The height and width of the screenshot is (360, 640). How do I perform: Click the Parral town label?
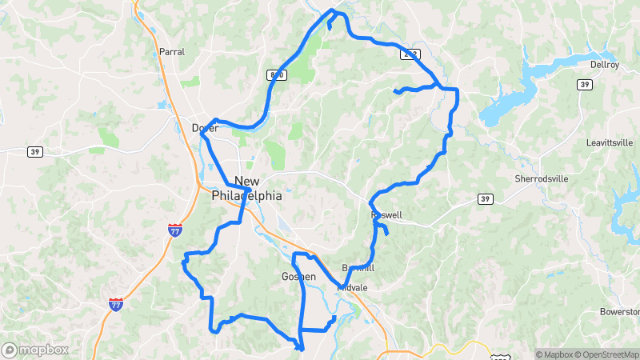171,51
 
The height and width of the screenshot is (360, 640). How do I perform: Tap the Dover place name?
205,128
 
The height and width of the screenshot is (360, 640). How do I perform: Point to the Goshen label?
298,277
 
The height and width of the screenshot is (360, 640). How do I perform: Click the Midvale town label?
352,287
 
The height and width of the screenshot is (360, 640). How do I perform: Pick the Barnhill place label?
358,267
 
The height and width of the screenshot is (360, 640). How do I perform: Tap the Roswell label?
386,215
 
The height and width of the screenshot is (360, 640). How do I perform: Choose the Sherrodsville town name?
542,178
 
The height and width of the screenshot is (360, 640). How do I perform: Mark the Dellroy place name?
604,64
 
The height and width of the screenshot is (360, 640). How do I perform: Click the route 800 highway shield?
276,74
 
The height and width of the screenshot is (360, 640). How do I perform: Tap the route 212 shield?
410,54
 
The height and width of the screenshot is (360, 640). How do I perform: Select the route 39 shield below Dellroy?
586,84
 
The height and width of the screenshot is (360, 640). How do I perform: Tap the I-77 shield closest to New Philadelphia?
175,230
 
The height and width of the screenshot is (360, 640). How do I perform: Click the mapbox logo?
34,350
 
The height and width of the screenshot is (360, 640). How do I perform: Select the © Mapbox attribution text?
555,354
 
